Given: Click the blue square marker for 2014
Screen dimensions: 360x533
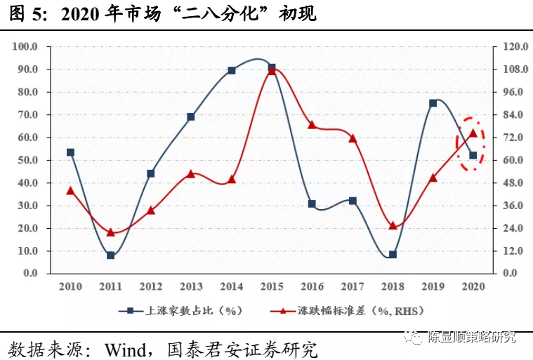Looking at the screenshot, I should coord(232,71).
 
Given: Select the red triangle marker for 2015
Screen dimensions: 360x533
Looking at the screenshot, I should coord(272,69).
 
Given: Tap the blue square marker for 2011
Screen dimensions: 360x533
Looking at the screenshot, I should coord(111,255).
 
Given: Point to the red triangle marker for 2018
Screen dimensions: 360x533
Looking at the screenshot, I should coord(393,225).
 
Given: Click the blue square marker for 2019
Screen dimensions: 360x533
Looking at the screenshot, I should coord(433,103).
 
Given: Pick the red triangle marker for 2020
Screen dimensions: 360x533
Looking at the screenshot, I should coord(473,133).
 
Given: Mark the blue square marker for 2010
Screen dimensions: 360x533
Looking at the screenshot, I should coord(70,152).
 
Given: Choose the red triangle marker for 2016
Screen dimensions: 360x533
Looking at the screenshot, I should coord(312,125).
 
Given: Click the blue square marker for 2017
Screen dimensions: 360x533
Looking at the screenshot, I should coord(353,201).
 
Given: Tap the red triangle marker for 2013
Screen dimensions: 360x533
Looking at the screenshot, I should coord(191,173).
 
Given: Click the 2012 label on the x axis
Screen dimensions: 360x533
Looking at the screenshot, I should coord(150,286).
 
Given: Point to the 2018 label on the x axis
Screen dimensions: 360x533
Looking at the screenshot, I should coord(393,286).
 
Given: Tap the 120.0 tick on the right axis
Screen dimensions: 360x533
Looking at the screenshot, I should coord(509,47).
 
